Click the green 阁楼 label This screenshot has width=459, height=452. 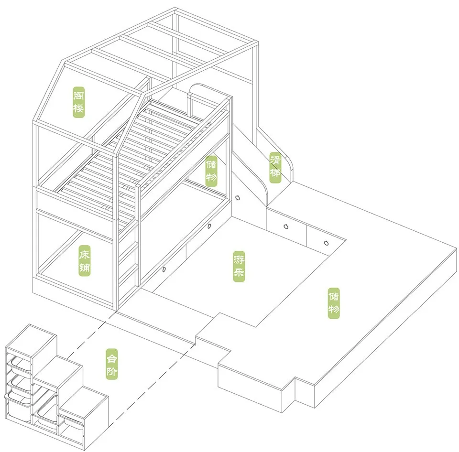coord(78,101)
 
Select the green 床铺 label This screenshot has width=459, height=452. coord(85,261)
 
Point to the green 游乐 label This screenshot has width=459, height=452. coord(239,266)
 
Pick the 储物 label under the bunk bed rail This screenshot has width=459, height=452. coord(211,172)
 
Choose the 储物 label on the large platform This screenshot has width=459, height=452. coord(334,303)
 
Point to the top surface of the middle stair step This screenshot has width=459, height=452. coord(56,368)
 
